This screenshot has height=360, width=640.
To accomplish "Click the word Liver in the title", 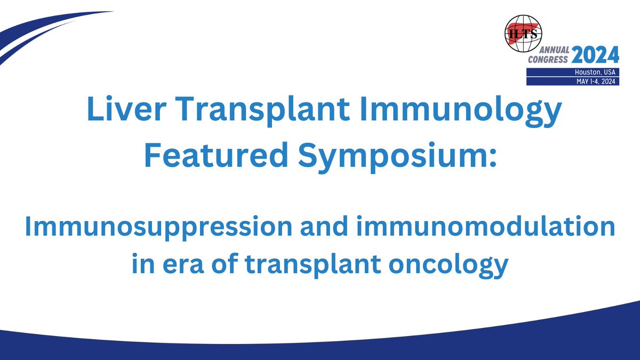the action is point(126,109).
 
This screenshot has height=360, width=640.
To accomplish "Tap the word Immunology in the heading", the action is point(461,111).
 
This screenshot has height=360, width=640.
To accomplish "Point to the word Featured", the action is point(217,155).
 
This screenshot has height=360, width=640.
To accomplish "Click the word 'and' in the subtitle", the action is point(324,226).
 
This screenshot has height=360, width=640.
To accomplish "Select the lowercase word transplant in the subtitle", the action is point(313,266).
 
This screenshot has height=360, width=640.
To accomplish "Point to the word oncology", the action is point(449,266).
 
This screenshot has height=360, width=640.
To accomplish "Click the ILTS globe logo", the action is point(523,34).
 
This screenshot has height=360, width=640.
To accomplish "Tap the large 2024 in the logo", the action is point(595,54).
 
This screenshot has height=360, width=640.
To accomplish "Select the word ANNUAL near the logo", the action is point(554,50).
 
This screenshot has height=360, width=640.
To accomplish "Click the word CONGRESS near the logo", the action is point(548,59).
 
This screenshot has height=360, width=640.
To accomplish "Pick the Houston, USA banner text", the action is point(595,72).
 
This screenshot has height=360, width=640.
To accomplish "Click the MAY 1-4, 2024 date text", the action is point(596,82).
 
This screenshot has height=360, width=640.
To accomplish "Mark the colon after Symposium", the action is point(492,158).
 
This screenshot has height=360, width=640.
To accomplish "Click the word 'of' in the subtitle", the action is point(225,263).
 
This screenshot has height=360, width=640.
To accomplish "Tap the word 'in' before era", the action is point(143,263).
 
